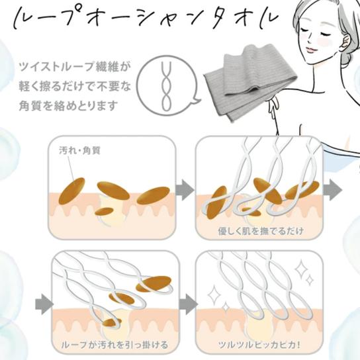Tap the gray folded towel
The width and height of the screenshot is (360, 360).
(x=250, y=83)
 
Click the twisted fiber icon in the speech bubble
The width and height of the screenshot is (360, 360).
(x=167, y=86)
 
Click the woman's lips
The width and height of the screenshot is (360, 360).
(x=310, y=50)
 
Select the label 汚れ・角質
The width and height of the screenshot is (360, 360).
(x=79, y=151)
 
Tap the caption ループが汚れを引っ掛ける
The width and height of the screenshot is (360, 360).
(x=114, y=345)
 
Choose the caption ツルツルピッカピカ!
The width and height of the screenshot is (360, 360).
(x=259, y=345)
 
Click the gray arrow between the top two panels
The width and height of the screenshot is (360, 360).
(x=185, y=190)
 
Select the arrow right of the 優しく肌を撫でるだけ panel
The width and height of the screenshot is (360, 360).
(x=332, y=190)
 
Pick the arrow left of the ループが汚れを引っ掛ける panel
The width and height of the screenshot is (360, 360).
(x=44, y=304)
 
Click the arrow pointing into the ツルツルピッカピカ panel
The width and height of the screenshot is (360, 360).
(x=188, y=304)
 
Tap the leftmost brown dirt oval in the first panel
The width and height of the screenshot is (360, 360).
(x=72, y=191)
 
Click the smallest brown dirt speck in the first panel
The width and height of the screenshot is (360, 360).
(x=105, y=211)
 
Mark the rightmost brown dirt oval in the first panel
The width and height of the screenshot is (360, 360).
(x=153, y=195)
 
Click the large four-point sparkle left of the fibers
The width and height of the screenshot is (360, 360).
(x=214, y=294)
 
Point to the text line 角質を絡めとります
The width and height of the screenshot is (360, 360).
(x=68, y=106)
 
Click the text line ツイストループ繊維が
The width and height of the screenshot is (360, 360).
(x=75, y=67)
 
